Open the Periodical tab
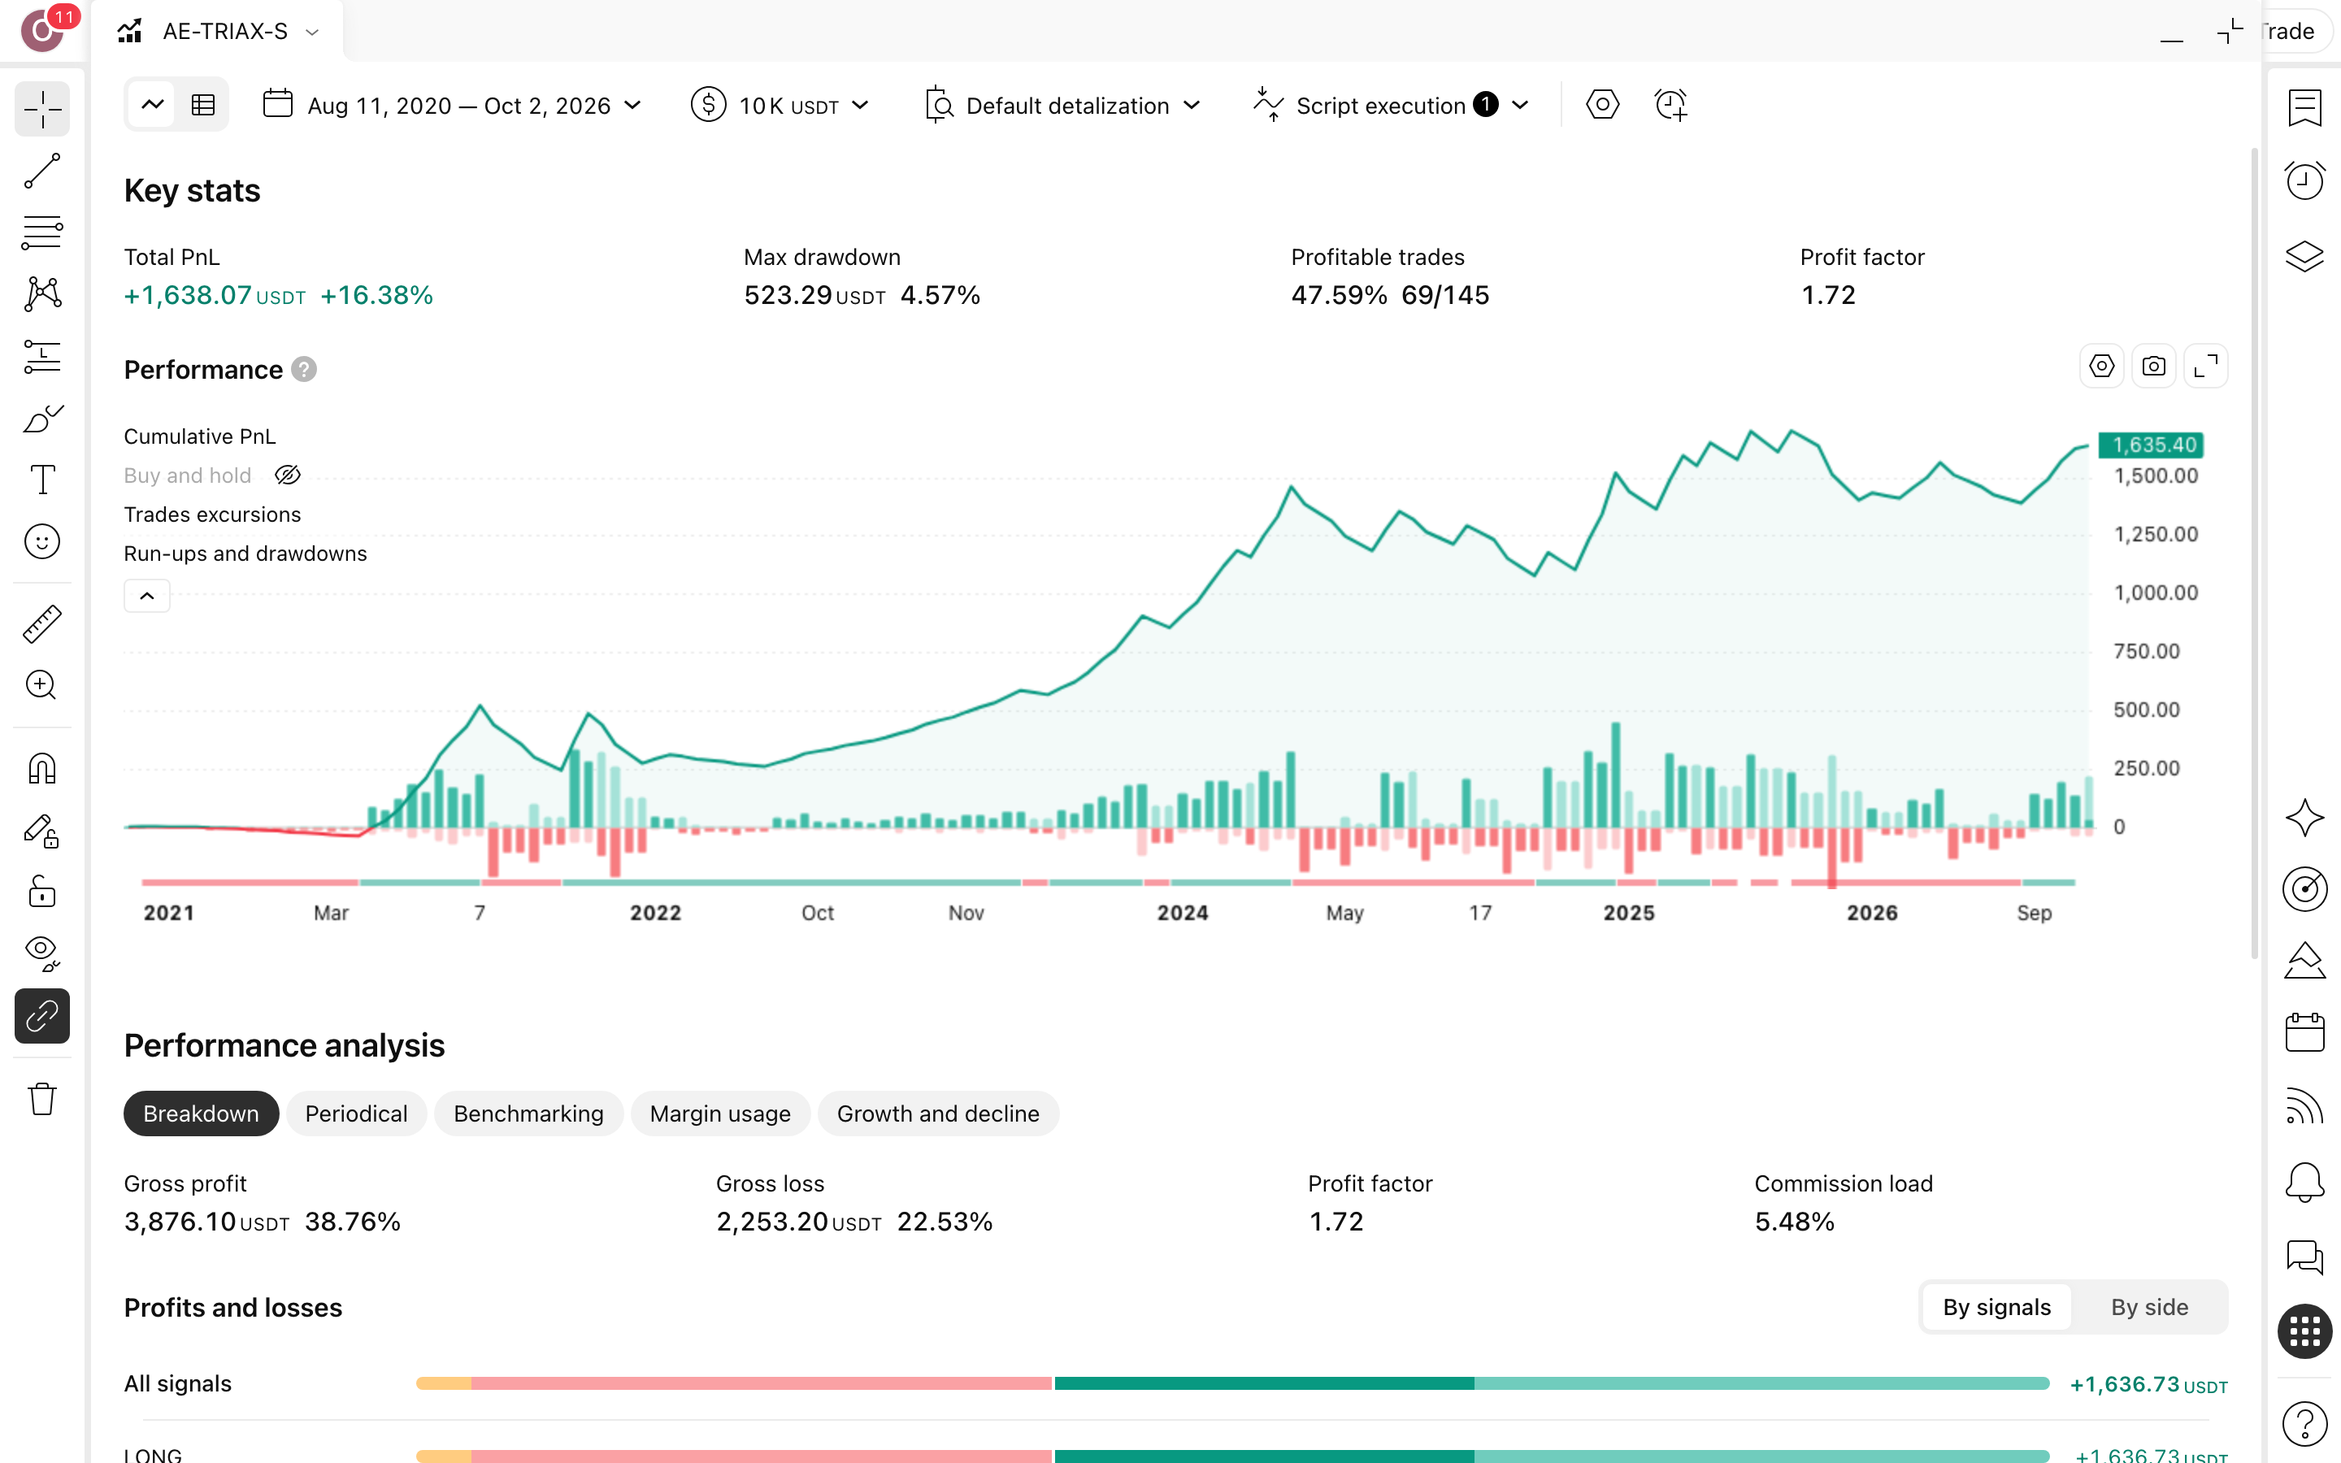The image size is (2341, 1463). [x=356, y=1114]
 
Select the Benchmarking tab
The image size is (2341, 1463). [x=528, y=1114]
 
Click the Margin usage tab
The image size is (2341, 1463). [x=719, y=1114]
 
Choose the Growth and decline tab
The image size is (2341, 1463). [x=937, y=1114]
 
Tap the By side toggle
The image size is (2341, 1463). [x=2148, y=1307]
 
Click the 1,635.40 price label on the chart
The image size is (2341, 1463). [x=2154, y=445]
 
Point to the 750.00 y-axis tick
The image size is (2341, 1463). [x=2147, y=651]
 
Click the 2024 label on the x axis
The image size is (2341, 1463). [x=1182, y=913]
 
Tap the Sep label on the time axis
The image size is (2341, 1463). [x=2034, y=913]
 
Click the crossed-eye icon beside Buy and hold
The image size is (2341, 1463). [x=287, y=475]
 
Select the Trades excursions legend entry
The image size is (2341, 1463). [x=212, y=514]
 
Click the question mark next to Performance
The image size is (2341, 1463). [x=304, y=370]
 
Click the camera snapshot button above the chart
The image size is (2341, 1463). [x=2153, y=367]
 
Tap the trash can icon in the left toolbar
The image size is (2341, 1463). [x=41, y=1099]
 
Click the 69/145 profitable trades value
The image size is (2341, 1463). [x=1445, y=295]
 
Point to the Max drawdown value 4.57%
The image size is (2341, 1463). [x=940, y=295]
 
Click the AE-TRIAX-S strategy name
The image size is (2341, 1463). [x=225, y=31]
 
